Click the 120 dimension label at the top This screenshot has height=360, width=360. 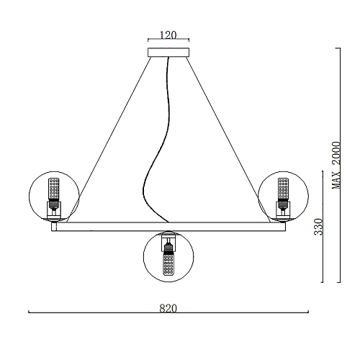(x=168, y=35)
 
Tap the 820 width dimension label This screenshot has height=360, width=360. (x=168, y=308)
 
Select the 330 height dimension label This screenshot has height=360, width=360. (x=318, y=227)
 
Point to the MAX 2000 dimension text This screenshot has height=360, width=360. (x=336, y=165)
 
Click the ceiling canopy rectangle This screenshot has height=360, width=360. (x=168, y=53)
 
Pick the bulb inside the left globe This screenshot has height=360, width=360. (x=54, y=189)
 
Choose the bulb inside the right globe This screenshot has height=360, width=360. (x=283, y=189)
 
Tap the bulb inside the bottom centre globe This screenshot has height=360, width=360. (x=168, y=262)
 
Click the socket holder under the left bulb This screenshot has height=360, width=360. (x=54, y=210)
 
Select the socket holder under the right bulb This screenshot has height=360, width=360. (x=283, y=210)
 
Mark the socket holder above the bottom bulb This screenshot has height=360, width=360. (x=168, y=240)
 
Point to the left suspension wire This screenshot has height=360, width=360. (x=109, y=140)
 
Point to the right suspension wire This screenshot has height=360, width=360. (x=228, y=140)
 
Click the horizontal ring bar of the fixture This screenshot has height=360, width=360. (x=168, y=227)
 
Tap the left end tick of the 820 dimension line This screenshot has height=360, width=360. (x=29, y=312)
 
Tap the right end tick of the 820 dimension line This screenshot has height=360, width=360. (x=308, y=312)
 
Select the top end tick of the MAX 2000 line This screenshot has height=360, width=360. (x=338, y=48)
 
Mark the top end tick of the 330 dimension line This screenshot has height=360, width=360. (x=323, y=171)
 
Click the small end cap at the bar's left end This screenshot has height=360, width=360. (x=54, y=227)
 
